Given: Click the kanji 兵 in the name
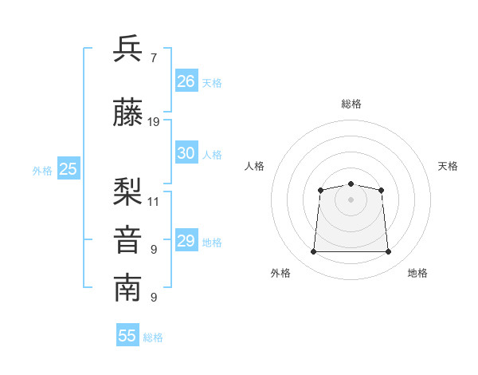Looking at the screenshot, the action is pos(127,48).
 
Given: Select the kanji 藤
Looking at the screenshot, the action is pos(127,112).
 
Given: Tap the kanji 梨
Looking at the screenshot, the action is pos(127,191).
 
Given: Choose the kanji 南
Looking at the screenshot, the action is pos(127,288).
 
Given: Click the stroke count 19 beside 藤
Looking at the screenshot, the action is pos(153,122).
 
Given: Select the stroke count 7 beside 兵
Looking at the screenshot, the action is pos(154,58).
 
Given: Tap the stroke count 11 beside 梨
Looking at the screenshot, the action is pos(153,202).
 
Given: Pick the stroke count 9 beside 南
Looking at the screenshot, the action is pos(154,297).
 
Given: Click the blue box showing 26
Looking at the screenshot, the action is pos(186,81).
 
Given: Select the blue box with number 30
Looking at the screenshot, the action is pos(186,152).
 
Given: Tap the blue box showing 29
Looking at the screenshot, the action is pos(186,239).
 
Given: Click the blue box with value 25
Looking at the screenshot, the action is pos(69,168).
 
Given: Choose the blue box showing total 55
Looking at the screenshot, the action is pos(127,334).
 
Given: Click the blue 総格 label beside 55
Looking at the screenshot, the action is pos(153,337).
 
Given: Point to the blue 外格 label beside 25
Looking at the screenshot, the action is pos(42,171).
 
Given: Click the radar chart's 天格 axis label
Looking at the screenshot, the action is pos(448,166).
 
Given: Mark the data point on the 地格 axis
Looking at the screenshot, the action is pos(388,251).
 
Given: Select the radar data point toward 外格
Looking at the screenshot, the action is pos(313,251).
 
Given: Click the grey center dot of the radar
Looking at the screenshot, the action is pos(351,199).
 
